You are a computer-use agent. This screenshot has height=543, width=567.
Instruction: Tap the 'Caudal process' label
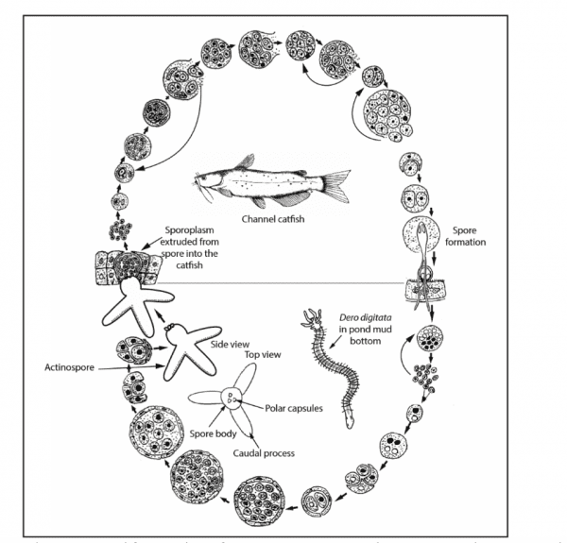coord(266,453)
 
